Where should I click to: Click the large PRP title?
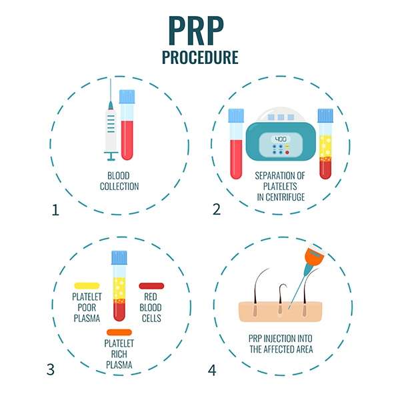point(196,31)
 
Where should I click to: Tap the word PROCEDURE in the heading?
point(200,57)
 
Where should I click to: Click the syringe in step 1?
point(111,120)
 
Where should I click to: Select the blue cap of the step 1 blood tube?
point(127,97)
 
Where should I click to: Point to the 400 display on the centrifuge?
point(281,139)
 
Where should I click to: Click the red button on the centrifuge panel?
point(287,153)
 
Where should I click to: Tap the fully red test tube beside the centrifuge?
point(236,144)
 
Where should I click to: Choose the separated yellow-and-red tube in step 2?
point(325,144)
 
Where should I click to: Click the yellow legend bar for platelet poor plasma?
point(87,286)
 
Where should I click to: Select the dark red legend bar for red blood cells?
point(151,286)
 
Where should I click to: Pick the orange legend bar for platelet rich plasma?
point(119,333)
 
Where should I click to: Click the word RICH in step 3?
point(119,354)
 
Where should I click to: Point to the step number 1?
point(55,210)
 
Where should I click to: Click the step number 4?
point(212,371)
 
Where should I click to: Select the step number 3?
point(51,369)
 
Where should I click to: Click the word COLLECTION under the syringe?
point(119,187)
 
